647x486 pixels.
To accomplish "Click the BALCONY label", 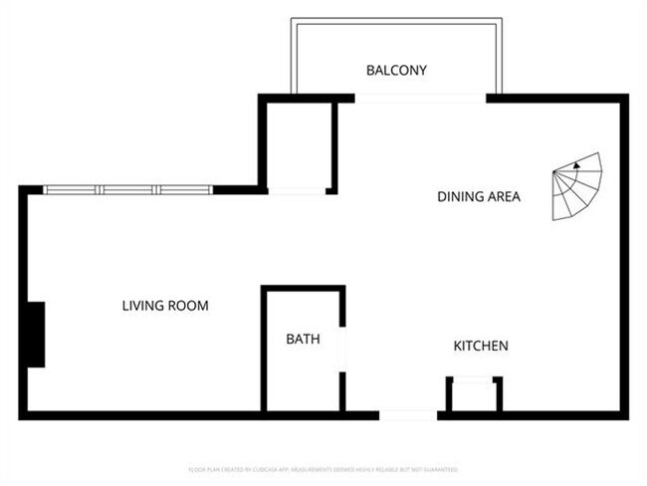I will pyautogui.click(x=396, y=71).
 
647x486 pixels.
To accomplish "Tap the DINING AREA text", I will pyautogui.click(x=479, y=197).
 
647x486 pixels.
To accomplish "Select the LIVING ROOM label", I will pyautogui.click(x=165, y=306).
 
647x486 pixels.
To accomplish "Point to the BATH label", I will pyautogui.click(x=303, y=340).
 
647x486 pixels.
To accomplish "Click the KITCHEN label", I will pyautogui.click(x=481, y=347).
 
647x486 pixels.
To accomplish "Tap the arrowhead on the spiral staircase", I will pyautogui.click(x=575, y=166).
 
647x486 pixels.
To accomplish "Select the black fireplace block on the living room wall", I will pyautogui.click(x=34, y=335).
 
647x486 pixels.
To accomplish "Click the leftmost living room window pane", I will pyautogui.click(x=72, y=189).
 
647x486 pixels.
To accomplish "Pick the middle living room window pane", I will pyautogui.click(x=129, y=189).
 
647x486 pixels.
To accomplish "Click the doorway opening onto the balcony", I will pyautogui.click(x=421, y=98).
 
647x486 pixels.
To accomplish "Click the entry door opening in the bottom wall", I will pyautogui.click(x=408, y=414).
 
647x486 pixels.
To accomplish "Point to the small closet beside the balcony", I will pyautogui.click(x=297, y=144).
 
